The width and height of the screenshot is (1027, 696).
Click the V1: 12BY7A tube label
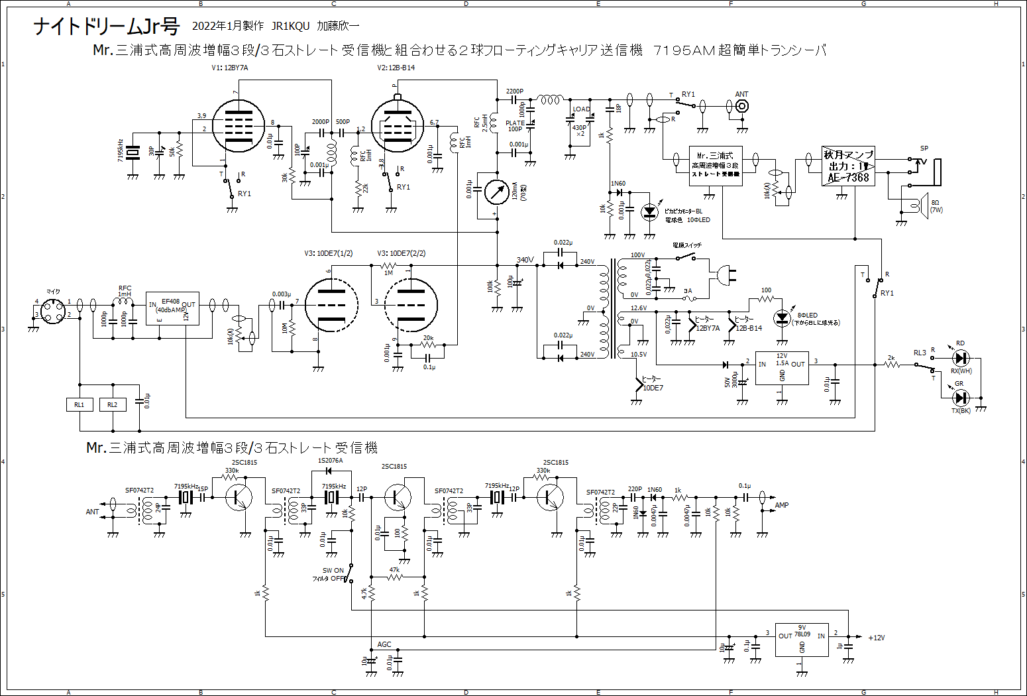230,68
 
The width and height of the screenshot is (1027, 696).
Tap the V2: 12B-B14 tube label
396,68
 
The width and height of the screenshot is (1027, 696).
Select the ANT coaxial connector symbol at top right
743,106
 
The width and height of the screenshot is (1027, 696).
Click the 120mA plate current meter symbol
496,192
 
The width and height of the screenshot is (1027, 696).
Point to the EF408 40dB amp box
172,308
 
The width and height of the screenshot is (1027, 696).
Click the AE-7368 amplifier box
848,166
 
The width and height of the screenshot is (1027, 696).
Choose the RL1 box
80,404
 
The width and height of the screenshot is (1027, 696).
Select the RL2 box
113,404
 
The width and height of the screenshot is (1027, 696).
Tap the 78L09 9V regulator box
802,640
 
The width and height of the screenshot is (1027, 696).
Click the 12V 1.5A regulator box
782,368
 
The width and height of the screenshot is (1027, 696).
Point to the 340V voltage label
525,260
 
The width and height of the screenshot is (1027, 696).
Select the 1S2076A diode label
331,461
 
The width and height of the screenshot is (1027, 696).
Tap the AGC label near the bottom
384,644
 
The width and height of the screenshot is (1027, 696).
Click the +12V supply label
876,638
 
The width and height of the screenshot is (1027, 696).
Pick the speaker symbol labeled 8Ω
921,205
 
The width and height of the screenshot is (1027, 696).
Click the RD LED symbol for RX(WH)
960,359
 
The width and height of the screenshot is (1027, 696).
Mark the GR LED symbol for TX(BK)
960,398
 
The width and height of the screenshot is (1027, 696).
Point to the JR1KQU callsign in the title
290,27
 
